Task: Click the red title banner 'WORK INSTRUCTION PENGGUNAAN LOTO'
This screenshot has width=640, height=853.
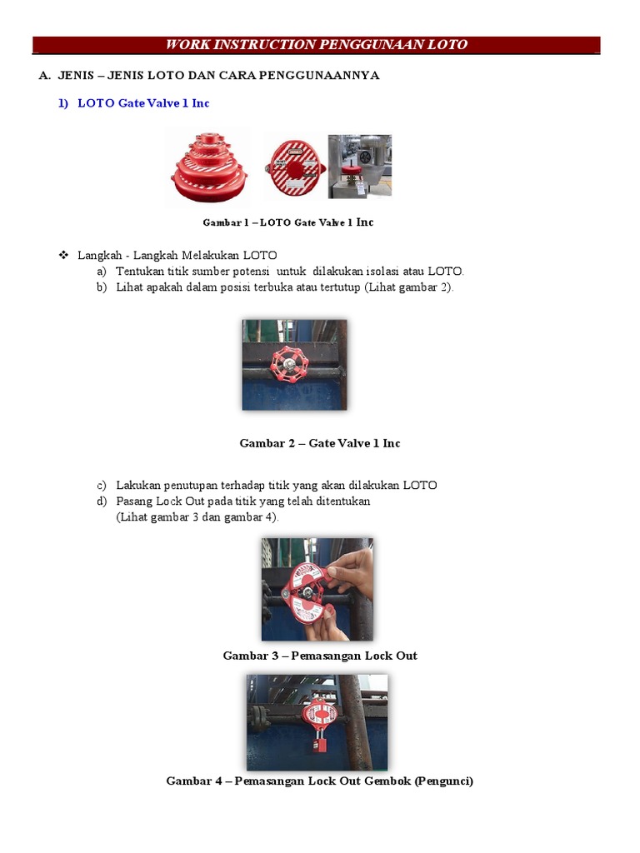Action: pyautogui.click(x=317, y=45)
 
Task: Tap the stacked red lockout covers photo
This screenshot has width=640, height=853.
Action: pyautogui.click(x=208, y=167)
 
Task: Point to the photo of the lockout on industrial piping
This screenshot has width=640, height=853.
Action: pyautogui.click(x=359, y=166)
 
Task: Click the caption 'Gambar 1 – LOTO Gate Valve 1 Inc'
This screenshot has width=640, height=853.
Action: pyautogui.click(x=288, y=222)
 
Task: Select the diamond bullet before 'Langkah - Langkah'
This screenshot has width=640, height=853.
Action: pyautogui.click(x=63, y=255)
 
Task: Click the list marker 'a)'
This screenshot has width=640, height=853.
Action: pyautogui.click(x=102, y=272)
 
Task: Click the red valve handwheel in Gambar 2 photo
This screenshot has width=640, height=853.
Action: pyautogui.click(x=293, y=364)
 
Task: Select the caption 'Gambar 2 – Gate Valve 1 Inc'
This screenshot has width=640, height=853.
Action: pyautogui.click(x=320, y=443)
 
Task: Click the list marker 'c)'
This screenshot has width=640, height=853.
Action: pyautogui.click(x=102, y=485)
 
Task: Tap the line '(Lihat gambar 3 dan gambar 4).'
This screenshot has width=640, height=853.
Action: pyautogui.click(x=198, y=516)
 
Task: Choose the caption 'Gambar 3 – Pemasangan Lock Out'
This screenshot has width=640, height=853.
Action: pyautogui.click(x=320, y=656)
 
